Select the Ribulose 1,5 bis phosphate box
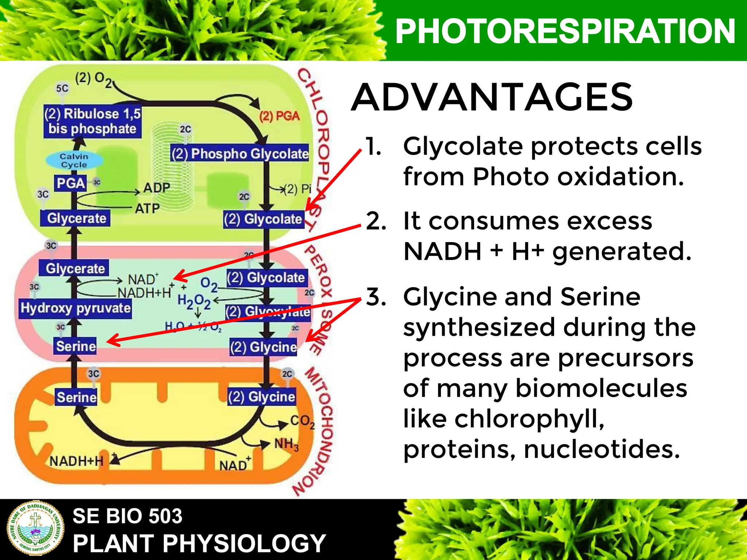92,121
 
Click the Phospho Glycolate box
240,153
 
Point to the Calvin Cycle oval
74,160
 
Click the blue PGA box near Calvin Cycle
71,183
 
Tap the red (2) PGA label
279,116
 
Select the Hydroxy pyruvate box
75,308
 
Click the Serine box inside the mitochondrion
77,397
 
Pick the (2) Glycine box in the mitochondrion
262,397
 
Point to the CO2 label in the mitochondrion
302,421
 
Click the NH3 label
286,444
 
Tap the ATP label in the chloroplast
147,209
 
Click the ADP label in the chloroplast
156,188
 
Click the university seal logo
36,529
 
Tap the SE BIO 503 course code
127,516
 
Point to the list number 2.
376,221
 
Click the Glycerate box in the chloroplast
76,218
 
